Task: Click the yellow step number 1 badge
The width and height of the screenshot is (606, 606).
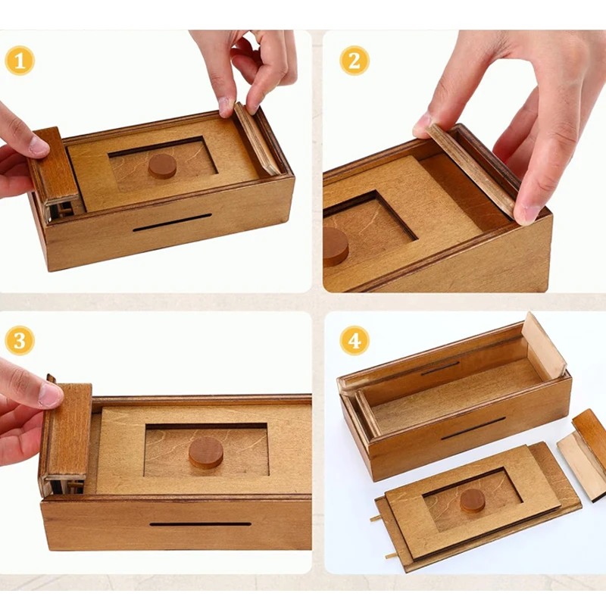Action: coord(20,60)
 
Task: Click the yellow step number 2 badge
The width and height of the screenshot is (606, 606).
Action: coord(354,60)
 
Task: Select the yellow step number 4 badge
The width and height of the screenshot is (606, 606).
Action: coord(354,341)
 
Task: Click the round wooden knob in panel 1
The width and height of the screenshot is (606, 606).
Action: coord(162,165)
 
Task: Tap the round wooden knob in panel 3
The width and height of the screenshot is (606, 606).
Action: coord(206,452)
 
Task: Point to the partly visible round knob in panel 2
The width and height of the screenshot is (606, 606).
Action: coord(335,246)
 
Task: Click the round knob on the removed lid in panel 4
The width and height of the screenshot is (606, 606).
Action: coord(473,500)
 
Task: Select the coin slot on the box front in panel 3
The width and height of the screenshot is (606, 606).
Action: coord(200,523)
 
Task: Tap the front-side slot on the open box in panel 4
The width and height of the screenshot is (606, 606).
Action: coord(473,428)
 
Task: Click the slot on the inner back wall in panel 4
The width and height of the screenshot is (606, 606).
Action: coord(440,368)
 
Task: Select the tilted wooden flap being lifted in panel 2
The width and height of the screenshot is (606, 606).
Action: coord(470,170)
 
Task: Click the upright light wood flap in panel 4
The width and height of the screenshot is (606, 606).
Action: coord(544,347)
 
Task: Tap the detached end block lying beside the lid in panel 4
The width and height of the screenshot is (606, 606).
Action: coord(583,454)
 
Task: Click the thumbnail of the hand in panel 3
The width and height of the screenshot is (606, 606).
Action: coord(51,394)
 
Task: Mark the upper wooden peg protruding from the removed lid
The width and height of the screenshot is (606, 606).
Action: coord(376,520)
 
